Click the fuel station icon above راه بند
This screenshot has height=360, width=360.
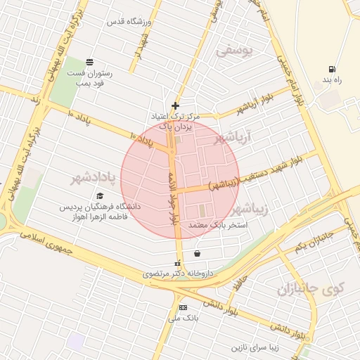(330, 69)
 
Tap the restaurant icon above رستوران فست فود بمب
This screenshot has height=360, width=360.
(89, 62)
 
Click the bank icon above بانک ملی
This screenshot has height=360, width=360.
(184, 308)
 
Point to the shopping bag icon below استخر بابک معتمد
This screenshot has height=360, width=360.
(196, 254)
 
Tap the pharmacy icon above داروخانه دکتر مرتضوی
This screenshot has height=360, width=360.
(177, 263)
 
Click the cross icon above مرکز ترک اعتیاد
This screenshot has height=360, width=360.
(175, 105)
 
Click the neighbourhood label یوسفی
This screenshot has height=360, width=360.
(233, 51)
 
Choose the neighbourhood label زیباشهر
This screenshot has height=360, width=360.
(250, 209)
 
